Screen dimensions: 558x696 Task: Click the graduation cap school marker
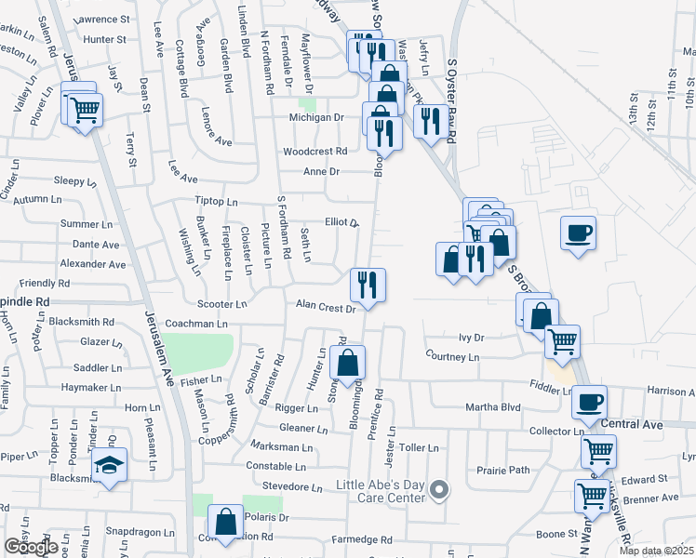[109, 467]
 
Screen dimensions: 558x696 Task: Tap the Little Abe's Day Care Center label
[381, 490]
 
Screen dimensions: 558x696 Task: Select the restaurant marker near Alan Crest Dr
[368, 284]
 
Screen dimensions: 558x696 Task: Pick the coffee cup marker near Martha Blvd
[589, 402]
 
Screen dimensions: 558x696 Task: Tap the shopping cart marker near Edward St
[592, 497]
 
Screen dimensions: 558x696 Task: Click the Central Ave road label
[632, 425]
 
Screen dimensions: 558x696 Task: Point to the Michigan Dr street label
[315, 118]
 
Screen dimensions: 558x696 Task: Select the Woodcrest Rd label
[315, 151]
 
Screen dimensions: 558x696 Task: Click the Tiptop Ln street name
[217, 202]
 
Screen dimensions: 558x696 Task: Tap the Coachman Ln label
[196, 324]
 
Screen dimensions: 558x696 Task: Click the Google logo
[31, 547]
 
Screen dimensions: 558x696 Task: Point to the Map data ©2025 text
[656, 551]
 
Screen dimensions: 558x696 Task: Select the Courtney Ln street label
[452, 356]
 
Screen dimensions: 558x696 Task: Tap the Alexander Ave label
[92, 264]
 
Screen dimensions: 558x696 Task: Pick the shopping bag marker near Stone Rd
[347, 364]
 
